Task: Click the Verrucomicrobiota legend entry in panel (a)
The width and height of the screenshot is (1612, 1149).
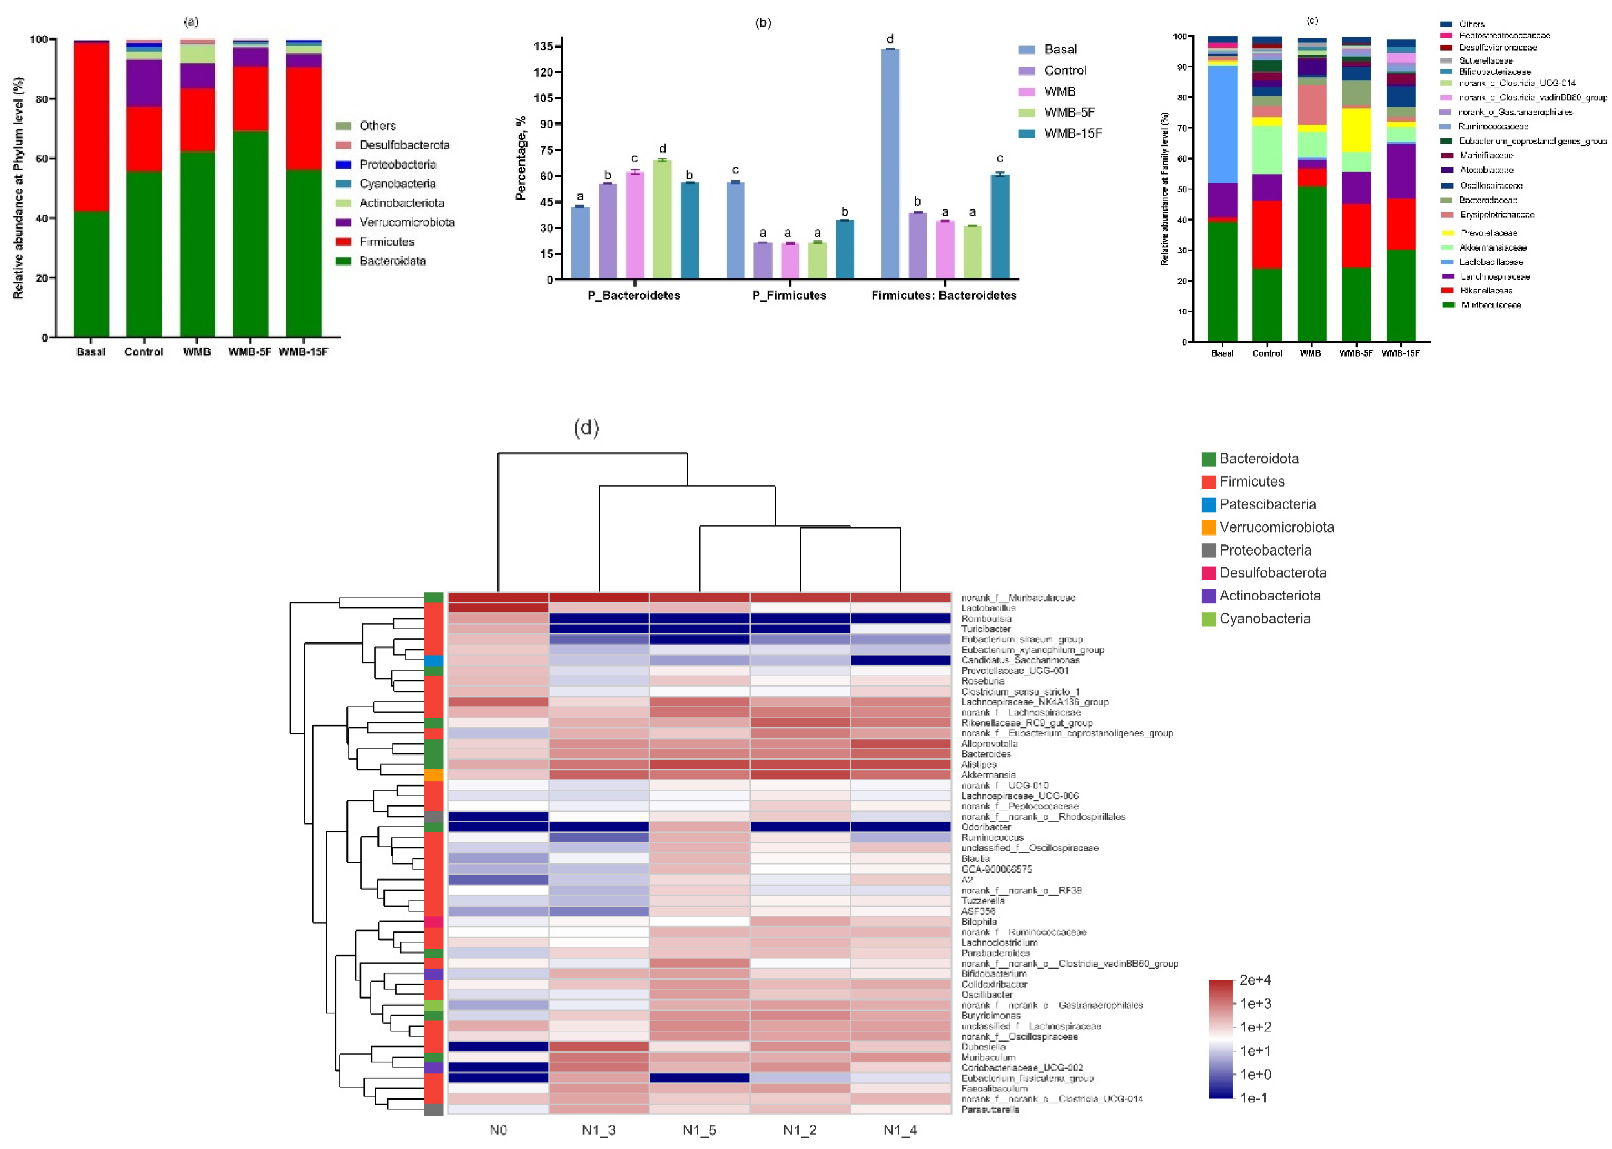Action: pyautogui.click(x=406, y=222)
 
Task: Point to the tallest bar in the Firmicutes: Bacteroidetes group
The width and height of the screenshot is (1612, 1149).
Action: pyautogui.click(x=890, y=163)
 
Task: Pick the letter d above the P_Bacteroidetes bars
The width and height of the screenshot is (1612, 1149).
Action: pyautogui.click(x=662, y=149)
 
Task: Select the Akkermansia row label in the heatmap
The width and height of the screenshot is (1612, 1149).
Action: pyautogui.click(x=988, y=775)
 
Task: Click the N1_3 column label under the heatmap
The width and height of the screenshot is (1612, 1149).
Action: pyautogui.click(x=598, y=1130)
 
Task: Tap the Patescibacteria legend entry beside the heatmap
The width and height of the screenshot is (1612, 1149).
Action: pyautogui.click(x=1267, y=504)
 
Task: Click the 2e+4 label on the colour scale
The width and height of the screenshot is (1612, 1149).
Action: pyautogui.click(x=1255, y=980)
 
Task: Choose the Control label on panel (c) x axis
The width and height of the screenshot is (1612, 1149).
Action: pyautogui.click(x=1267, y=353)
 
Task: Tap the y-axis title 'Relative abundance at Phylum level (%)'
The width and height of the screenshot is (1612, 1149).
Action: pyautogui.click(x=18, y=187)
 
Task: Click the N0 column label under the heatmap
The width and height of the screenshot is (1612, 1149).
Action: pyautogui.click(x=498, y=1130)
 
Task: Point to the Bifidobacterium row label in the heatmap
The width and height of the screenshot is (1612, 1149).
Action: pyautogui.click(x=993, y=973)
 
